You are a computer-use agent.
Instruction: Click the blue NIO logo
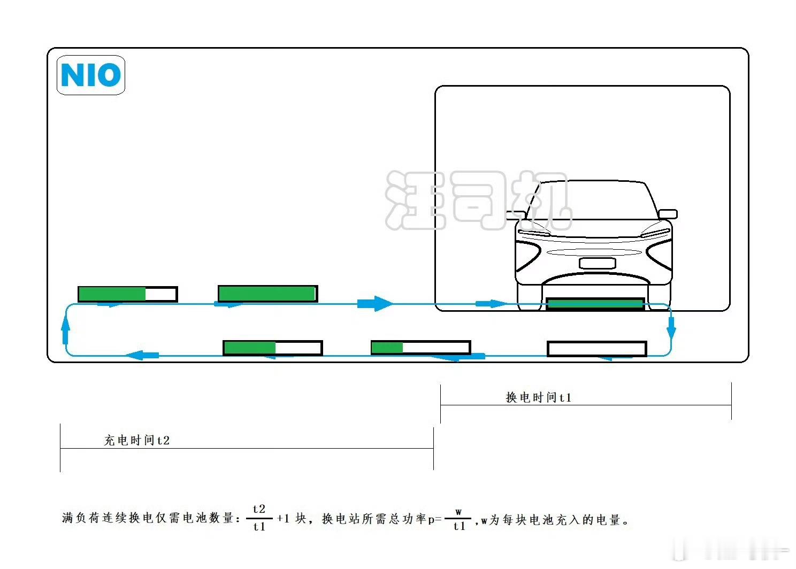pyautogui.click(x=90, y=75)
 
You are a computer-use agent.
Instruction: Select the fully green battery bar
pyautogui.click(x=267, y=294)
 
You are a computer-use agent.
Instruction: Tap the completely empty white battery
pyautogui.click(x=596, y=349)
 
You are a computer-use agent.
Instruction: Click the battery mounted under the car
pyautogui.click(x=594, y=304)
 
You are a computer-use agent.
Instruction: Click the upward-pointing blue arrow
pyautogui.click(x=66, y=328)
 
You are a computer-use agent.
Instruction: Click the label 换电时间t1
pyautogui.click(x=538, y=397)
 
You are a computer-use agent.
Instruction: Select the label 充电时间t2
pyautogui.click(x=136, y=440)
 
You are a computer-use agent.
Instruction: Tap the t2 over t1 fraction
pyautogui.click(x=259, y=518)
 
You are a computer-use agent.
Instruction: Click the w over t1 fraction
pyautogui.click(x=458, y=519)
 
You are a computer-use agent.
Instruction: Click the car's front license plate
pyautogui.click(x=597, y=263)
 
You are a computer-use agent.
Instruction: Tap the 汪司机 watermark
pyautogui.click(x=476, y=201)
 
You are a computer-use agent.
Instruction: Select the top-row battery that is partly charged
pyautogui.click(x=127, y=294)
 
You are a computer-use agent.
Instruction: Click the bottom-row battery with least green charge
pyautogui.click(x=420, y=348)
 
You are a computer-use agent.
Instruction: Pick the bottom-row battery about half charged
pyautogui.click(x=272, y=348)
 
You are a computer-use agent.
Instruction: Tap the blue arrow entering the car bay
pyautogui.click(x=491, y=304)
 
